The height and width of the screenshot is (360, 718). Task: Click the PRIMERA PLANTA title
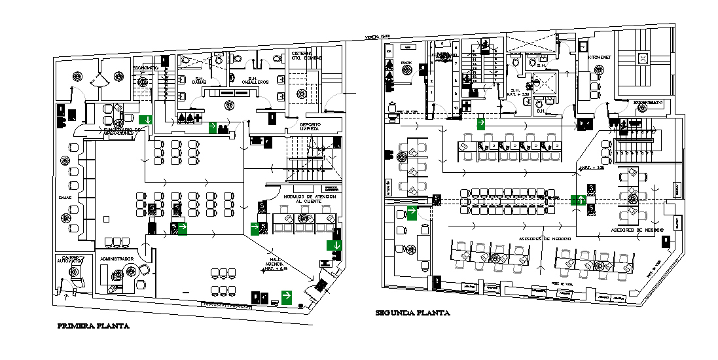[92, 325]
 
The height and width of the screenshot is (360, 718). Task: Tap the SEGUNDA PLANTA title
[412, 313]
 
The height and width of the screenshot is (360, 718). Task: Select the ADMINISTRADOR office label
[117, 259]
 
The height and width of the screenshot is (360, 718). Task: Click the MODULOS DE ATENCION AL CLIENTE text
[310, 198]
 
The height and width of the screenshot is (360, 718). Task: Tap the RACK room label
[406, 63]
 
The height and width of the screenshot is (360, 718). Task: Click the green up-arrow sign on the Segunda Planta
[578, 200]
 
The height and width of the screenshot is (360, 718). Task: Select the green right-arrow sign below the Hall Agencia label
[287, 297]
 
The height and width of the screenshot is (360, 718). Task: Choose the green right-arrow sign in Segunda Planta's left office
[413, 212]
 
